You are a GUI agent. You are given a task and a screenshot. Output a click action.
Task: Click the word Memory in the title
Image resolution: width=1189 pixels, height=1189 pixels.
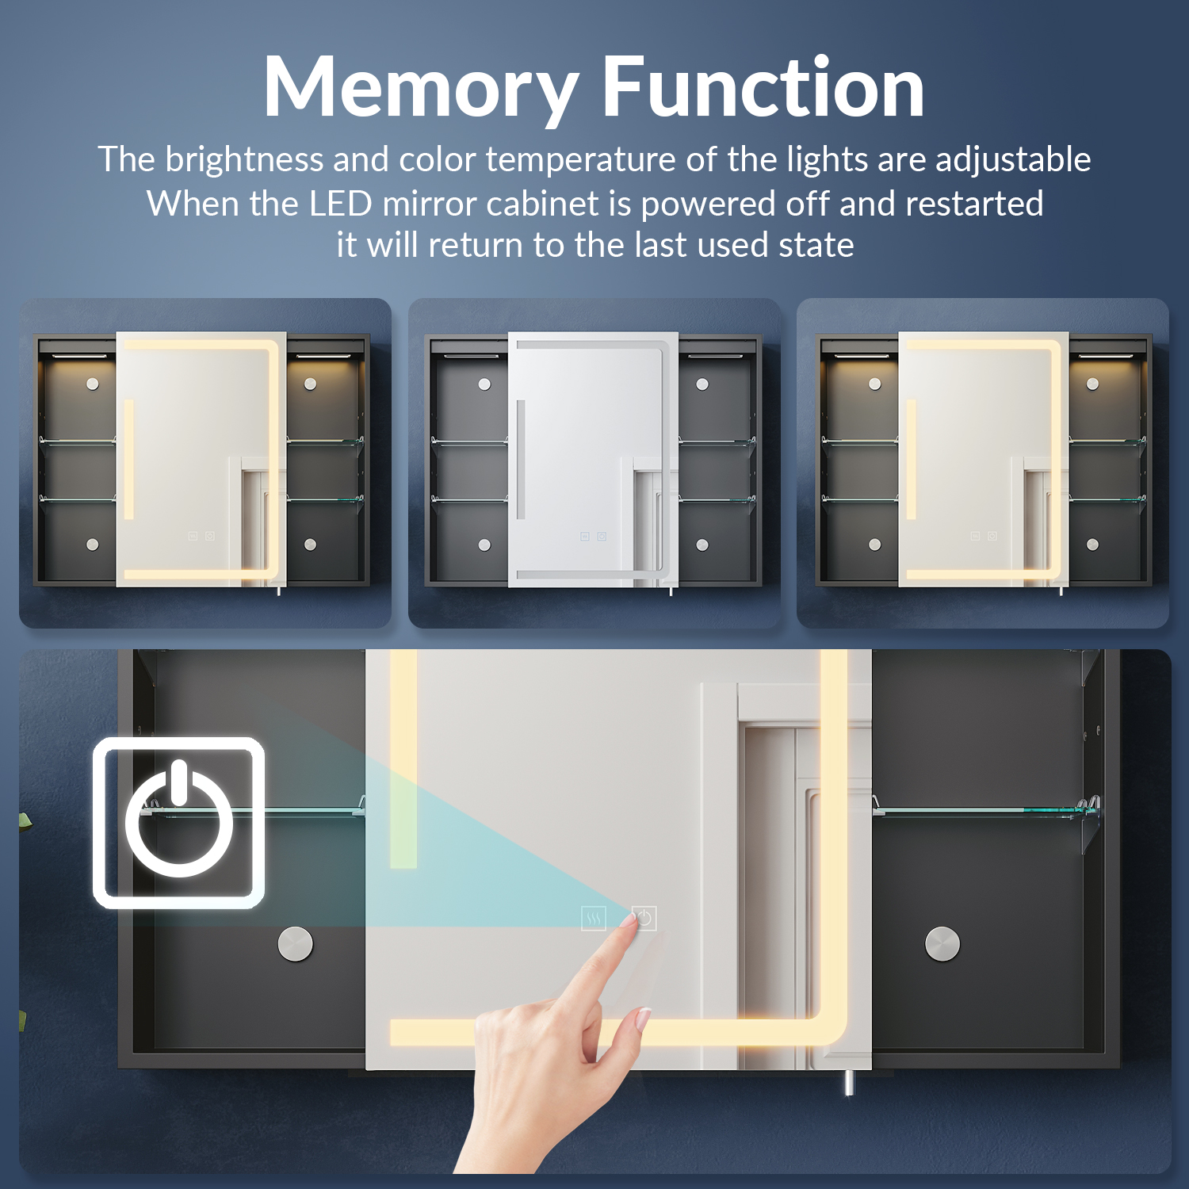pyautogui.click(x=421, y=89)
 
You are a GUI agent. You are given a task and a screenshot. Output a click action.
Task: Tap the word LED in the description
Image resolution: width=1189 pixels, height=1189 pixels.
pyautogui.click(x=341, y=204)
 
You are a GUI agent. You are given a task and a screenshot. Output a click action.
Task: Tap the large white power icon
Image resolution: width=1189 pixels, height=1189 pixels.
pyautogui.click(x=179, y=823)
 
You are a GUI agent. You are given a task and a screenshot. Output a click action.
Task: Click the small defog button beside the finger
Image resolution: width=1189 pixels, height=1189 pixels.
pyautogui.click(x=594, y=919)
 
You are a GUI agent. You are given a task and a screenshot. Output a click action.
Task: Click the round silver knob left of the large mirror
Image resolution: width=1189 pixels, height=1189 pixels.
pyautogui.click(x=296, y=943)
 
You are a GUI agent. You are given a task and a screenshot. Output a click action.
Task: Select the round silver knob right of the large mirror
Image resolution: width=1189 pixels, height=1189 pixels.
pyautogui.click(x=942, y=943)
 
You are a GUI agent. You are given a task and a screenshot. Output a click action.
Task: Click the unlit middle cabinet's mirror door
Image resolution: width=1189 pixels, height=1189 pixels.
pyautogui.click(x=593, y=460)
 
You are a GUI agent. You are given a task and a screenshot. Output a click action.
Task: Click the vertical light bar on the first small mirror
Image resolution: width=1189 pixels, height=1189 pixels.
pyautogui.click(x=128, y=460)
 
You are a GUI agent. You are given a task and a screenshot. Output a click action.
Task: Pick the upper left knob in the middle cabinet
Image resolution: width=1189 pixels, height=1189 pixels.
pyautogui.click(x=484, y=384)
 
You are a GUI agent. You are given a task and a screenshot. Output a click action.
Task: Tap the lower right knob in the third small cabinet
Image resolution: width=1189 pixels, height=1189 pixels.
pyautogui.click(x=1092, y=545)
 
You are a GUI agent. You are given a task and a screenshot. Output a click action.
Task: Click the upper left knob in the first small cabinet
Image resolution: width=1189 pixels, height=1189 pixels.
pyautogui.click(x=93, y=384)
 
